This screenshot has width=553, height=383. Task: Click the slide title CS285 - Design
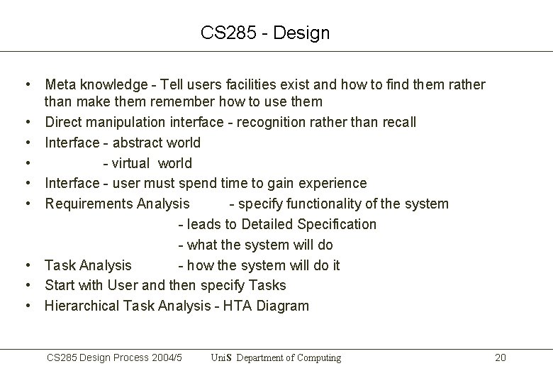[265, 33]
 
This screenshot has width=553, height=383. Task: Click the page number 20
[500, 358]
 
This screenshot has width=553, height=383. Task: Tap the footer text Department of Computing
[289, 358]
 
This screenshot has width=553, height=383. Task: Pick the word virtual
[130, 164]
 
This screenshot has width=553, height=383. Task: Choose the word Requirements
[89, 204]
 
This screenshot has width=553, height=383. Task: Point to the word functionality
[323, 204]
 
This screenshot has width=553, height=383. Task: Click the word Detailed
[267, 225]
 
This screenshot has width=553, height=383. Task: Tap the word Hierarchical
[82, 306]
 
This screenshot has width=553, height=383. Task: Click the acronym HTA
[236, 306]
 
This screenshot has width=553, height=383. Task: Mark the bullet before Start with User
[26, 286]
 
